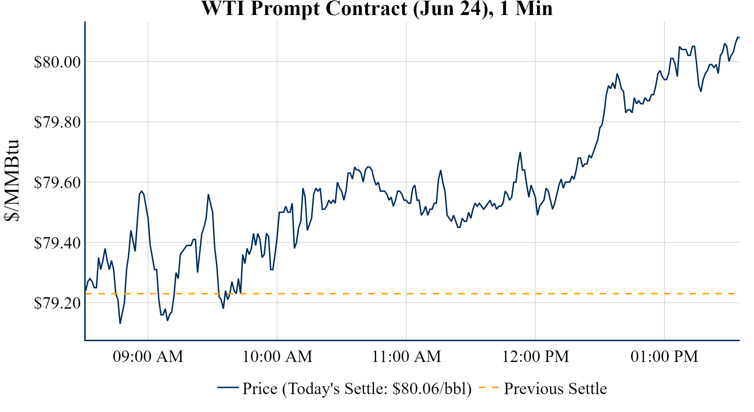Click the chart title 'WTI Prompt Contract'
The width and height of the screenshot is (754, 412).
click(304, 9)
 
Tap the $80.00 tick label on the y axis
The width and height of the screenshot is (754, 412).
click(57, 62)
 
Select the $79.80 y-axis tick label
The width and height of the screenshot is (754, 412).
click(57, 122)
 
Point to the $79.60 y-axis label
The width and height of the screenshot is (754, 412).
click(57, 182)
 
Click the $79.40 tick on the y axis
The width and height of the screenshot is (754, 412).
click(57, 243)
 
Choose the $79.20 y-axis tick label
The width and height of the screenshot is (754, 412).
click(57, 303)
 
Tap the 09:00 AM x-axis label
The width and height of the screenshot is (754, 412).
click(148, 357)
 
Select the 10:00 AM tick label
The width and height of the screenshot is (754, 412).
click(277, 357)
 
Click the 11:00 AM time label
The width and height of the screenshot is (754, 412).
click(406, 357)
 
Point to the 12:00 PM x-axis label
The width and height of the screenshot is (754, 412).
click(536, 357)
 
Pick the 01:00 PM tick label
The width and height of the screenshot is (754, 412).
click(664, 357)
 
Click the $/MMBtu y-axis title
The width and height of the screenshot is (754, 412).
click(12, 181)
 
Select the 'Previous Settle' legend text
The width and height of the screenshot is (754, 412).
click(555, 388)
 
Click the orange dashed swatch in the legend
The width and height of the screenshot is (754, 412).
click(488, 387)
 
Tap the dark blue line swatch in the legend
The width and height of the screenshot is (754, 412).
click(228, 387)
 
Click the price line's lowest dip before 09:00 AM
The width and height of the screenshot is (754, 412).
click(120, 323)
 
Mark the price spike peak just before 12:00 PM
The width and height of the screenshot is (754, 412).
click(520, 152)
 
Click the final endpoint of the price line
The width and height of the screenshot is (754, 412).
click(739, 37)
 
